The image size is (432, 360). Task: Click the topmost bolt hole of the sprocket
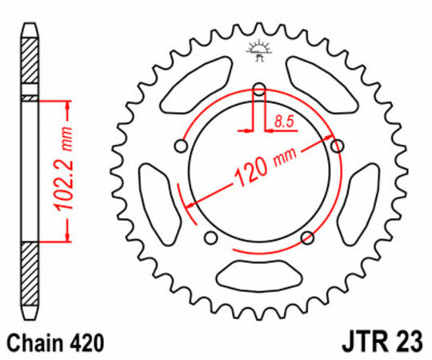(x=258, y=90)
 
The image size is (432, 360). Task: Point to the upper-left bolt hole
(x=182, y=146)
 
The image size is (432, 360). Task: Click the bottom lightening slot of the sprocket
(x=258, y=272)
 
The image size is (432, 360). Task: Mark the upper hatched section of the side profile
(x=29, y=64)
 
